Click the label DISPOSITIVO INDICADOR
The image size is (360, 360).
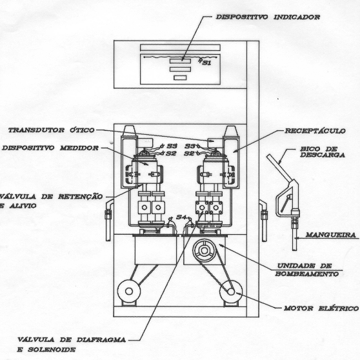(x=268, y=17)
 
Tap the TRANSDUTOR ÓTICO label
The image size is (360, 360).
(x=52, y=130)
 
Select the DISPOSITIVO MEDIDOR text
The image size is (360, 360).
(x=50, y=148)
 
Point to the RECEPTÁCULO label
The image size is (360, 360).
(x=315, y=131)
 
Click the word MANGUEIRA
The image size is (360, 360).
(x=330, y=235)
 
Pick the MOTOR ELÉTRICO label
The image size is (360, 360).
(x=321, y=308)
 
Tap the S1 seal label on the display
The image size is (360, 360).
(x=206, y=63)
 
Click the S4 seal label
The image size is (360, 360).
(x=181, y=217)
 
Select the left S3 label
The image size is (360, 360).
(x=172, y=146)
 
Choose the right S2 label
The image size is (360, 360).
(x=190, y=154)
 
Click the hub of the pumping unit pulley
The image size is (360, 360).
(x=204, y=250)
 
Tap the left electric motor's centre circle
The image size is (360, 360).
(x=129, y=292)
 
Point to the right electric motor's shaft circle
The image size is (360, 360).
(x=231, y=292)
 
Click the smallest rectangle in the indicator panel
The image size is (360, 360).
(x=180, y=78)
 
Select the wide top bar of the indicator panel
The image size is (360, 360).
(x=180, y=48)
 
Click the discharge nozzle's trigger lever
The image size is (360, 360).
(x=286, y=203)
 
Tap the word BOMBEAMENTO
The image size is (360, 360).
(x=306, y=274)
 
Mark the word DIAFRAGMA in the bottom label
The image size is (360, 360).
(x=101, y=340)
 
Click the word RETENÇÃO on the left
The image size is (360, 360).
(x=80, y=197)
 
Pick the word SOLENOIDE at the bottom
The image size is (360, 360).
(x=52, y=350)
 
